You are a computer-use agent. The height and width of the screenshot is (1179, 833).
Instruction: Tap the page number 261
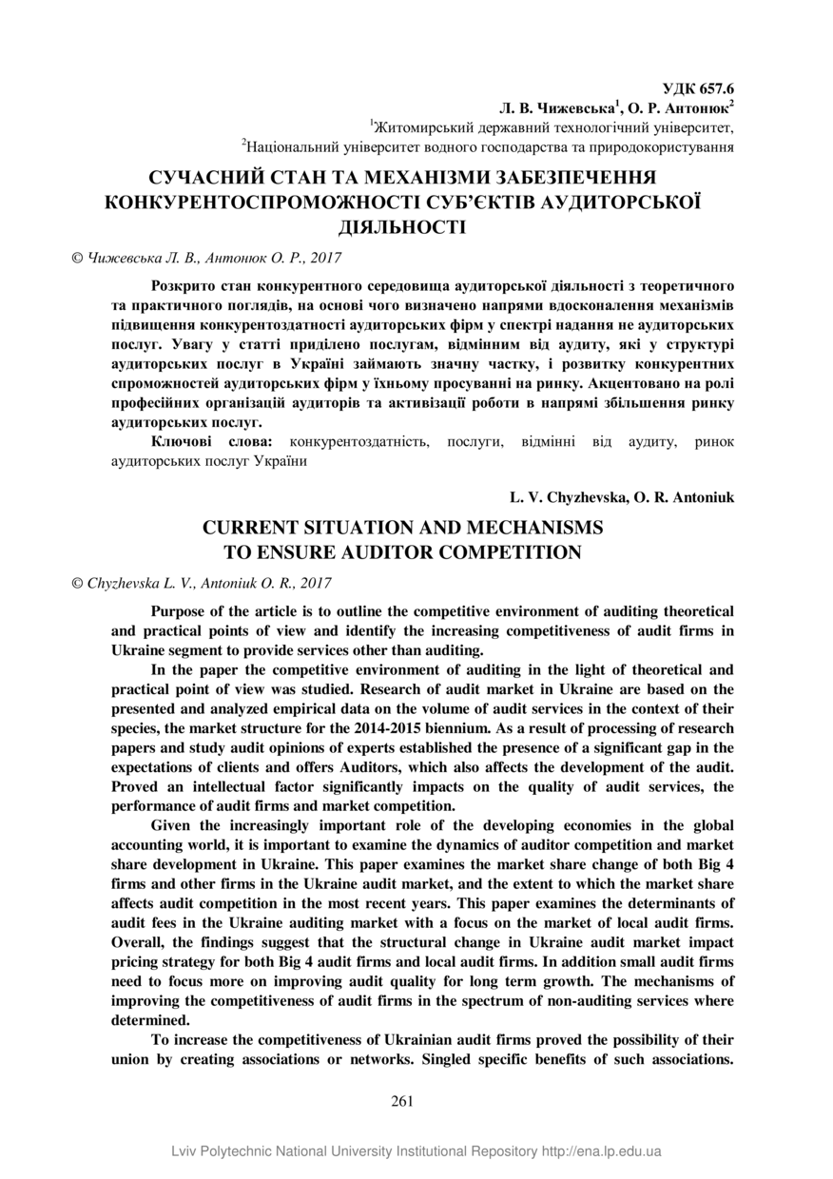coord(402,1101)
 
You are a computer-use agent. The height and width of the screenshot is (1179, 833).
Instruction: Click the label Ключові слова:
coord(212,442)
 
